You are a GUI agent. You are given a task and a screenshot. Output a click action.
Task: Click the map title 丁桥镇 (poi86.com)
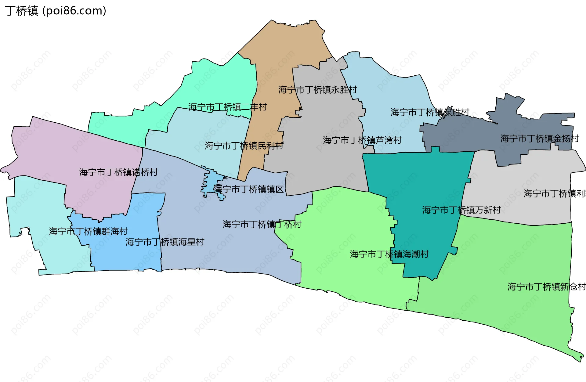click(x=56, y=11)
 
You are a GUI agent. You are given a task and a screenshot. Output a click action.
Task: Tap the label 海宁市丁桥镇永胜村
click(x=317, y=90)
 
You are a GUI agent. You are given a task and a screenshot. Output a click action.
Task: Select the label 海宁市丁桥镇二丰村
click(x=228, y=107)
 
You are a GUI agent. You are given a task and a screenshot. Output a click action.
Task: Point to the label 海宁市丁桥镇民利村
click(x=244, y=146)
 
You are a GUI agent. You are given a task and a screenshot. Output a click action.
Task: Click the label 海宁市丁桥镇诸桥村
click(x=118, y=172)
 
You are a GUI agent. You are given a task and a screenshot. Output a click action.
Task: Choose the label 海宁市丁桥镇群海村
click(x=88, y=231)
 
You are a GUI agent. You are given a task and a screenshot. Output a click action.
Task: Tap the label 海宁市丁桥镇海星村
click(x=165, y=242)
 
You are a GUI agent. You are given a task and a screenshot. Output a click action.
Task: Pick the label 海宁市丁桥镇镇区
click(x=248, y=189)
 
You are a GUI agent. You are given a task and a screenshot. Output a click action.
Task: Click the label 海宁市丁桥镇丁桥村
click(x=262, y=225)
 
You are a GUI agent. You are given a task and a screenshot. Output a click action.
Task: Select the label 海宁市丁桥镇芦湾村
click(x=362, y=140)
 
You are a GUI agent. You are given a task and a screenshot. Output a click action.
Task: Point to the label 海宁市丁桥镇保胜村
click(x=430, y=112)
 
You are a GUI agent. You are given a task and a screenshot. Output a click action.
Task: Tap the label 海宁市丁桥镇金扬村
click(x=540, y=139)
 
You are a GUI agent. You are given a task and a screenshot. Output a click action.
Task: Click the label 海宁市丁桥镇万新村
click(x=461, y=210)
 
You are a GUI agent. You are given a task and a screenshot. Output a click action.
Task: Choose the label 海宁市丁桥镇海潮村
click(x=389, y=254)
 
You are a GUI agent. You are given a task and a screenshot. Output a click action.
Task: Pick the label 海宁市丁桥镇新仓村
click(x=546, y=286)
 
